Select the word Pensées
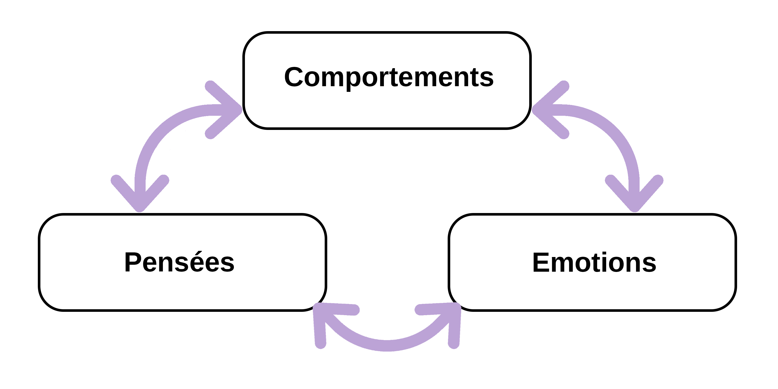179,262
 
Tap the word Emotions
594,262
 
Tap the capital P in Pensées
133,262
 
